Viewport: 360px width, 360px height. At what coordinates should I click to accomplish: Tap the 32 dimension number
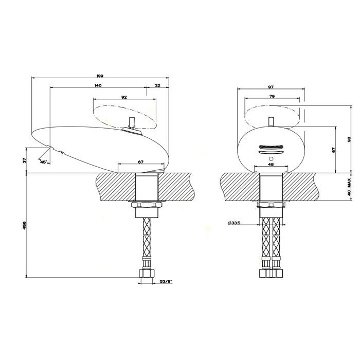point(157,85)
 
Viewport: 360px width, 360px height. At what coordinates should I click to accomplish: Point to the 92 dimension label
point(124,96)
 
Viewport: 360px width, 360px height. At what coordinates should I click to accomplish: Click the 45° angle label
point(43,161)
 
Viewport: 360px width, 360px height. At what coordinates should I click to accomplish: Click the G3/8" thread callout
point(165,282)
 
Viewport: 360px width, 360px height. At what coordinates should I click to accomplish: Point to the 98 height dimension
point(348,139)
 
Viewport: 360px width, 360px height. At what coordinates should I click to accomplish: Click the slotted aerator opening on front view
point(271,148)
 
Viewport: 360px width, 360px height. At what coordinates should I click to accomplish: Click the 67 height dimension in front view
point(334,150)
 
